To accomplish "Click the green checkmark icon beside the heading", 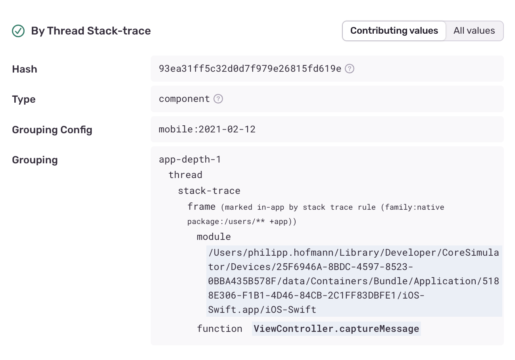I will coord(18,31).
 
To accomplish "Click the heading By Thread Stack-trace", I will coord(91,31).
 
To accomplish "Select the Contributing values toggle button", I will coord(394,31).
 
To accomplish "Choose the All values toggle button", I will coord(474,31).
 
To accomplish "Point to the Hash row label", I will coord(25,69).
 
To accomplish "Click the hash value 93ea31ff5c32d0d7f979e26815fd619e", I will coord(250,69).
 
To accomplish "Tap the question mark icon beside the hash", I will coord(350,69).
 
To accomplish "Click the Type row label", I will coord(24,99).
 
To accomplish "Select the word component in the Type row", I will coord(184,99).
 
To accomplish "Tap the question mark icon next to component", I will coord(218,99).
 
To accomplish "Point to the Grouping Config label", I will coord(52,130).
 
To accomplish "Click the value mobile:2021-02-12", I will coord(207,129).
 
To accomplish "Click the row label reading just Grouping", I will coord(35,160).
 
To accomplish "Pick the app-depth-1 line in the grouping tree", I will coord(190,159).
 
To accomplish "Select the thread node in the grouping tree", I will coord(185,175).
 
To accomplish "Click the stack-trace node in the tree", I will coord(209,191).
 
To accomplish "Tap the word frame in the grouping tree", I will coord(202,207).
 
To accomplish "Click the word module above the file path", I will coord(214,237).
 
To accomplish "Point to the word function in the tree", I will coord(220,329).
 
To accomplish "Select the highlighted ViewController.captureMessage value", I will coord(336,329).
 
